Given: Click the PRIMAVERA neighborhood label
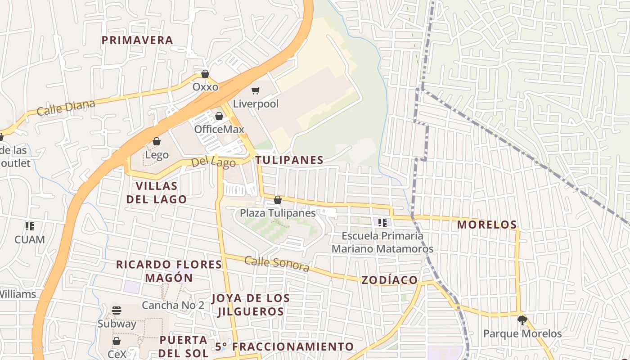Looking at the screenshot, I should coord(137,40).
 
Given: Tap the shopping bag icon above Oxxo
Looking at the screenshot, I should coord(205,74).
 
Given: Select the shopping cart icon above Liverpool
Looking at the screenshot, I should coord(256,91).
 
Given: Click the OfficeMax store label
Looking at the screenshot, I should coord(219,129).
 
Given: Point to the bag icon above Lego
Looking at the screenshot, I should coord(157,142).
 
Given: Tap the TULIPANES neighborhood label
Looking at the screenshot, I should coord(289,160).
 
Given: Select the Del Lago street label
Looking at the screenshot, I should coord(213,162).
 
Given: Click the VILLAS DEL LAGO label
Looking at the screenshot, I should coord(157,193).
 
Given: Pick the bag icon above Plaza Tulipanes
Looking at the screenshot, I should coord(278,200).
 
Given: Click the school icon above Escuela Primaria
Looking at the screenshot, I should coord(382,222).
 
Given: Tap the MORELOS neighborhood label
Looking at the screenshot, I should coord(487,225).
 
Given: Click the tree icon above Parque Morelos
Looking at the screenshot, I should coord(522,320).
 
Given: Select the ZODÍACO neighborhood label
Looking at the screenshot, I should coord(390,280).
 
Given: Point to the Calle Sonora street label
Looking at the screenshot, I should coord(277,264).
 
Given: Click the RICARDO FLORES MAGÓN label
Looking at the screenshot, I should coord(169,271).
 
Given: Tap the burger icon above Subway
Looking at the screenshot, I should coord(117,310).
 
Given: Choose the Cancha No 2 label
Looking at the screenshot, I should coord(173,305).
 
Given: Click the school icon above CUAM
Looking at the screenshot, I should coord(30,226).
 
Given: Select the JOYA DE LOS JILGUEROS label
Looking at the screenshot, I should coord(251,305).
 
